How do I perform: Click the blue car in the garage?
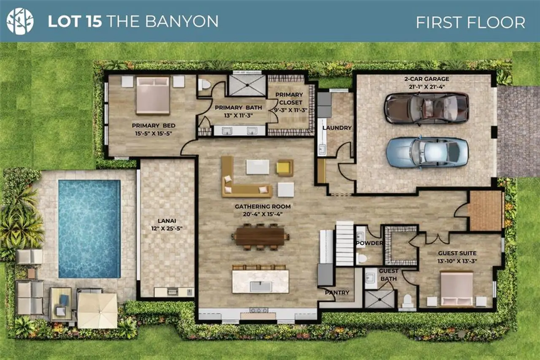tap(427, 152)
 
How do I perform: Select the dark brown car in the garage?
tap(426, 108)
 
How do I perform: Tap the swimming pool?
tap(89, 228)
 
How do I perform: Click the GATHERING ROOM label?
tap(262, 206)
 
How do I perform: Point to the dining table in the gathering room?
tap(260, 236)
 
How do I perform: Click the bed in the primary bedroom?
tap(153, 95)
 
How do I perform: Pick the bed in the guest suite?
tap(456, 289)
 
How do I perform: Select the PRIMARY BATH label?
tap(238, 108)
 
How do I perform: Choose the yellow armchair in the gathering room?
tap(285, 168)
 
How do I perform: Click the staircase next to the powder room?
tap(344, 244)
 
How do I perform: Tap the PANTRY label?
tap(337, 292)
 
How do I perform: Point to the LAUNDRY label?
tap(337, 127)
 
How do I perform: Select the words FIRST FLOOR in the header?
tap(470, 22)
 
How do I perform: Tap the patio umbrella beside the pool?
tap(97, 310)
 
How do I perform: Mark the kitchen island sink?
tap(260, 287)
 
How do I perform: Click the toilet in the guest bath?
tap(407, 301)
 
